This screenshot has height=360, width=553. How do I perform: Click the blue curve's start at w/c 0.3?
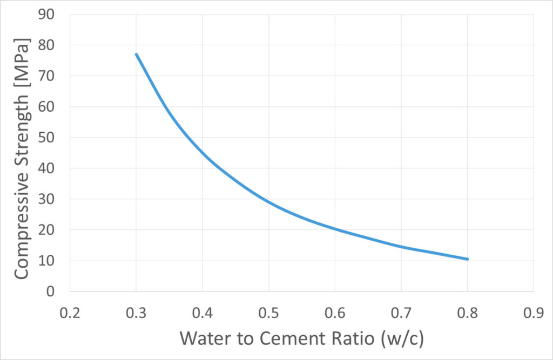[136, 54]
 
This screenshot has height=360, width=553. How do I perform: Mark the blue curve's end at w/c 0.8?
[468, 259]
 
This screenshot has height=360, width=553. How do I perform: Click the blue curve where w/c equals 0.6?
[335, 229]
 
